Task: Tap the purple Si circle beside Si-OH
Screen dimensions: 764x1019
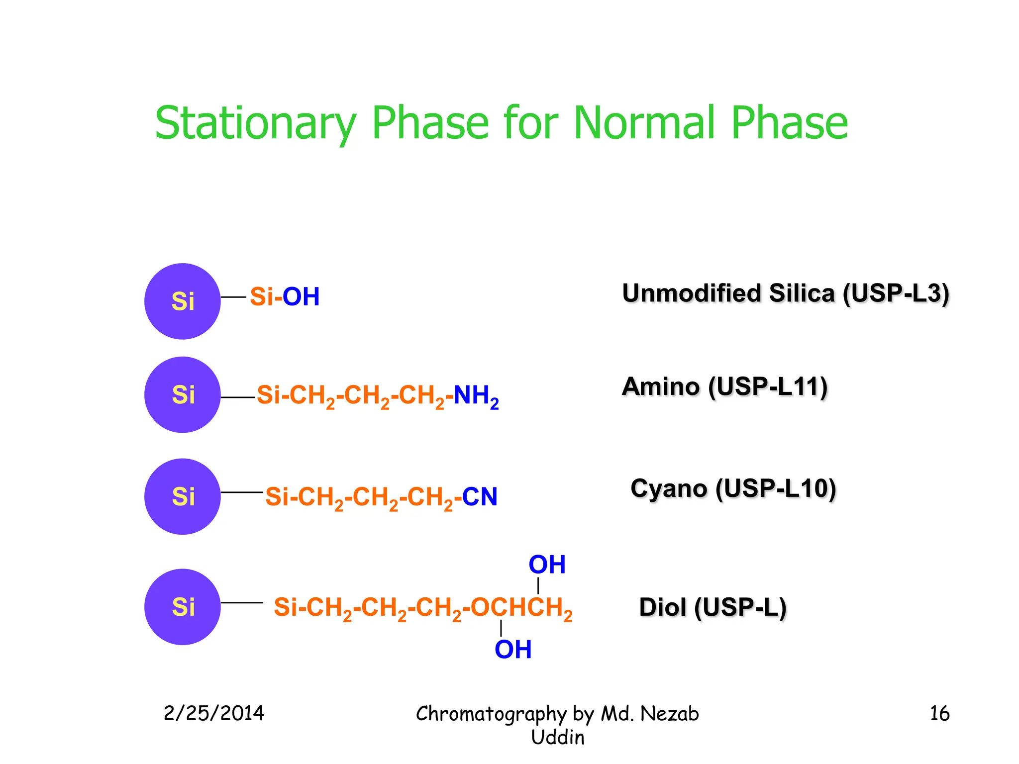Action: tap(183, 301)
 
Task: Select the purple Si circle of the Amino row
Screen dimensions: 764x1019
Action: tap(183, 395)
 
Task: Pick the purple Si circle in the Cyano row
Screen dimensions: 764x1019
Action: tap(183, 496)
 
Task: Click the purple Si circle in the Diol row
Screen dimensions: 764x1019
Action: tap(183, 607)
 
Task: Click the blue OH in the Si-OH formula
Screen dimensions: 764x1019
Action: tap(301, 297)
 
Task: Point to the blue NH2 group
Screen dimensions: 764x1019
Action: tap(476, 396)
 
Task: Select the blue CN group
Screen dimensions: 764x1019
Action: tap(480, 497)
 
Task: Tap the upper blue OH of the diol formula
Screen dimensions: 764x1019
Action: tap(547, 565)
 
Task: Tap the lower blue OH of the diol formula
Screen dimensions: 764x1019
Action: tap(513, 650)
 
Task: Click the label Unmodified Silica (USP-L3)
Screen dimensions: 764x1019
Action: tap(786, 293)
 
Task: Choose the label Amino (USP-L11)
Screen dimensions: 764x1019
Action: tap(724, 387)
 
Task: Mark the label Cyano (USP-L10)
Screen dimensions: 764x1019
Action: tap(733, 488)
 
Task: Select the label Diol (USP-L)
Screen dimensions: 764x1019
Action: tap(713, 607)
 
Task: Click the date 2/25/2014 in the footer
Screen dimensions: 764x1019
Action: tap(214, 713)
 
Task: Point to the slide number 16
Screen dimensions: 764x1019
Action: tap(939, 713)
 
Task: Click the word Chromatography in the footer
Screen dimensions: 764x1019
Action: tap(491, 714)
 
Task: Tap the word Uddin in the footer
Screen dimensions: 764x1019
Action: tap(557, 737)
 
